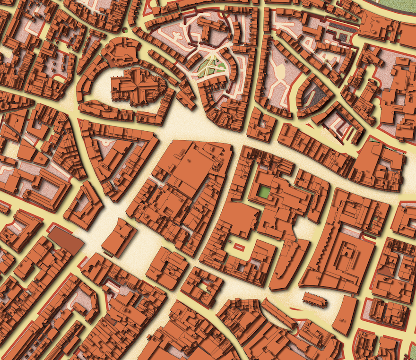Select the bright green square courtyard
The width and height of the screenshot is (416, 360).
pos(264,192)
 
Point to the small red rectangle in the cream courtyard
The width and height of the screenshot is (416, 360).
pos(237,246)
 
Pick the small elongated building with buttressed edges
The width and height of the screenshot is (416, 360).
pos(314,299)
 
